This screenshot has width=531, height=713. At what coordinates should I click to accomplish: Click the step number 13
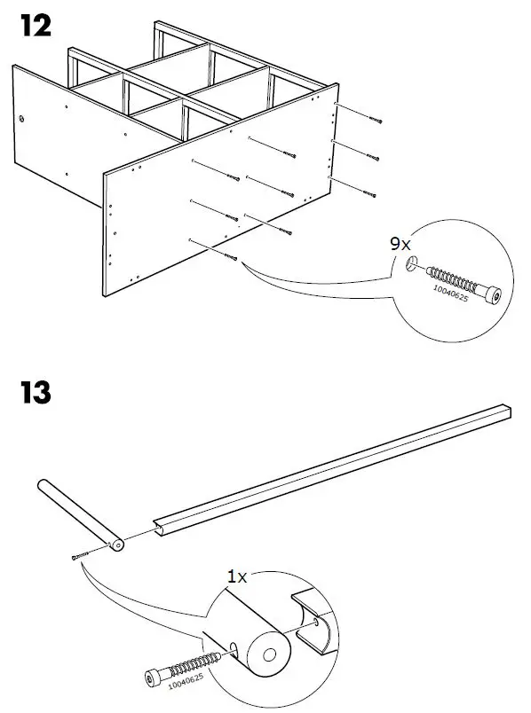pos(35,391)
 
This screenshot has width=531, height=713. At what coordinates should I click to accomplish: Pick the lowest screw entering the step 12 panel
pos(232,258)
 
